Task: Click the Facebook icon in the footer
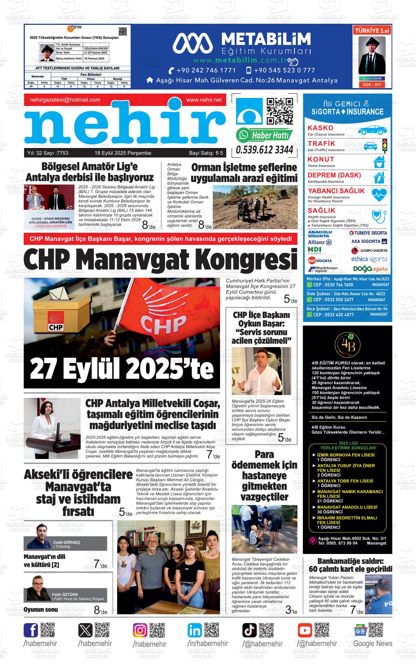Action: (x=31, y=630)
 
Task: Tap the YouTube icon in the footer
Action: (x=305, y=630)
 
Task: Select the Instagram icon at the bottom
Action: (x=140, y=630)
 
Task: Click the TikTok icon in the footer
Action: (x=250, y=630)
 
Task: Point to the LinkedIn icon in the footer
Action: (x=195, y=630)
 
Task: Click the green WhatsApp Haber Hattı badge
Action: (x=264, y=135)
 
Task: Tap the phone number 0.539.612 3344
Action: (x=265, y=150)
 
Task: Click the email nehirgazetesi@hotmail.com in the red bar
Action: (x=65, y=100)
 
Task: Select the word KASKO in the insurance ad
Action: (x=320, y=128)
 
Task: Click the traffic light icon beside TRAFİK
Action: (x=384, y=145)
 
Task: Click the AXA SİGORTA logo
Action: (x=369, y=242)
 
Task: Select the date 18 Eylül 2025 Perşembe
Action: (x=123, y=153)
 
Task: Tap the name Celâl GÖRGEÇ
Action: (x=67, y=542)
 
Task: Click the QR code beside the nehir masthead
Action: (x=280, y=111)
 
